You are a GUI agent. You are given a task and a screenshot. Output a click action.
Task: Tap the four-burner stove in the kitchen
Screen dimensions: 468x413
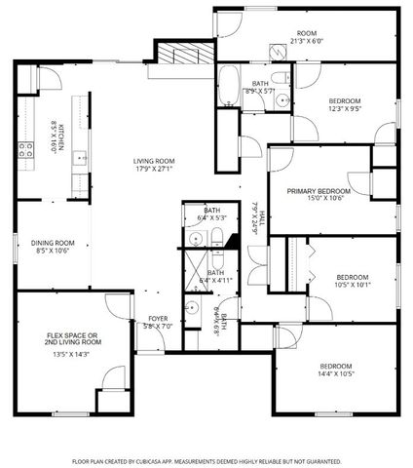[24, 149]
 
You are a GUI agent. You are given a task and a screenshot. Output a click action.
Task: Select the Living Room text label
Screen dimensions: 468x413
[154, 161]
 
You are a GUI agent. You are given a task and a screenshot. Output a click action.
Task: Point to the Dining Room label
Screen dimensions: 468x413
[54, 243]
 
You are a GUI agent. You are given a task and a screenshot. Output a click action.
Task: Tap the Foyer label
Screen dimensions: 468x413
[157, 319]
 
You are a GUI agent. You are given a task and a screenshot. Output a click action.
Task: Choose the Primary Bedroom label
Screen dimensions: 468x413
[319, 191]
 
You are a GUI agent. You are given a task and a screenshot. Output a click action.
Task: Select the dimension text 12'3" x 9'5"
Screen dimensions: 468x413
[345, 109]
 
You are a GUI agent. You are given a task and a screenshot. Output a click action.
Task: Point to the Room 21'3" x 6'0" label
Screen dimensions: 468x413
[307, 37]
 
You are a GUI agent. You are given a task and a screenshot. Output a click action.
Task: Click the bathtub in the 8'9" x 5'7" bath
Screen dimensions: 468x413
[226, 86]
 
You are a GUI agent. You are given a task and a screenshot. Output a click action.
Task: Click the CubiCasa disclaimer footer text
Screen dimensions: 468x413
[206, 460]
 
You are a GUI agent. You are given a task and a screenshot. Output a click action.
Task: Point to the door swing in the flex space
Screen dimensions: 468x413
[113, 378]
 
